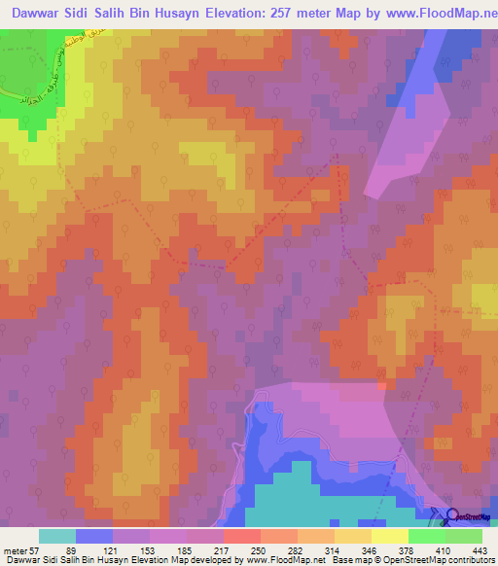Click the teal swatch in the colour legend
[57, 536]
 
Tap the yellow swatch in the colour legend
[390, 536]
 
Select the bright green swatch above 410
[427, 536]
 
